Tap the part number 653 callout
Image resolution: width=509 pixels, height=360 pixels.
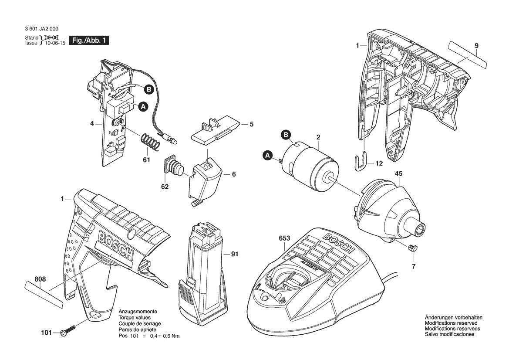[284, 238]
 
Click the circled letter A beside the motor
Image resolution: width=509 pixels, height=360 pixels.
[268, 155]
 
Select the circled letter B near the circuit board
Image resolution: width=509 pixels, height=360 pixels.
[148, 89]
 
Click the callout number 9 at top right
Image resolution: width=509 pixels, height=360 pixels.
[476, 45]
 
